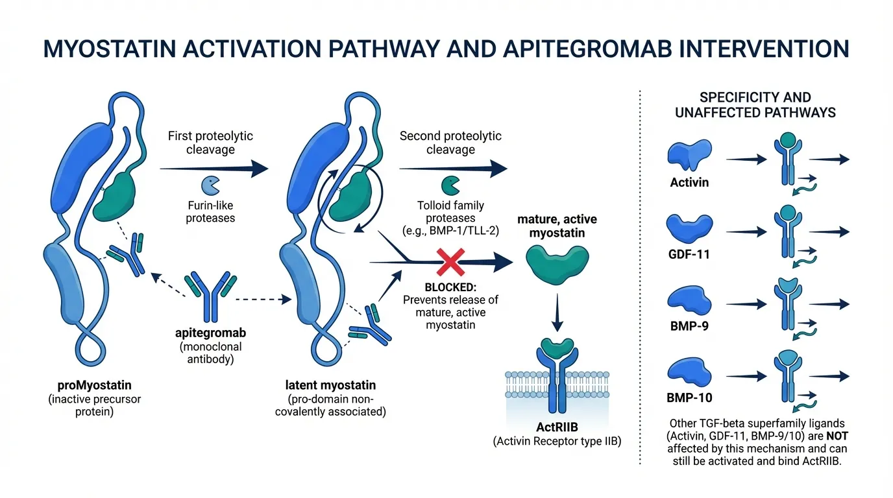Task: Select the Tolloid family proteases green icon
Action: click(x=450, y=185)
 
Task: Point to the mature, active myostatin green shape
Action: click(x=556, y=267)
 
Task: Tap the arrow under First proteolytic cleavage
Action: click(x=214, y=169)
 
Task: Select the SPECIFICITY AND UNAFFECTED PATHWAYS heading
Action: click(x=755, y=105)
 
